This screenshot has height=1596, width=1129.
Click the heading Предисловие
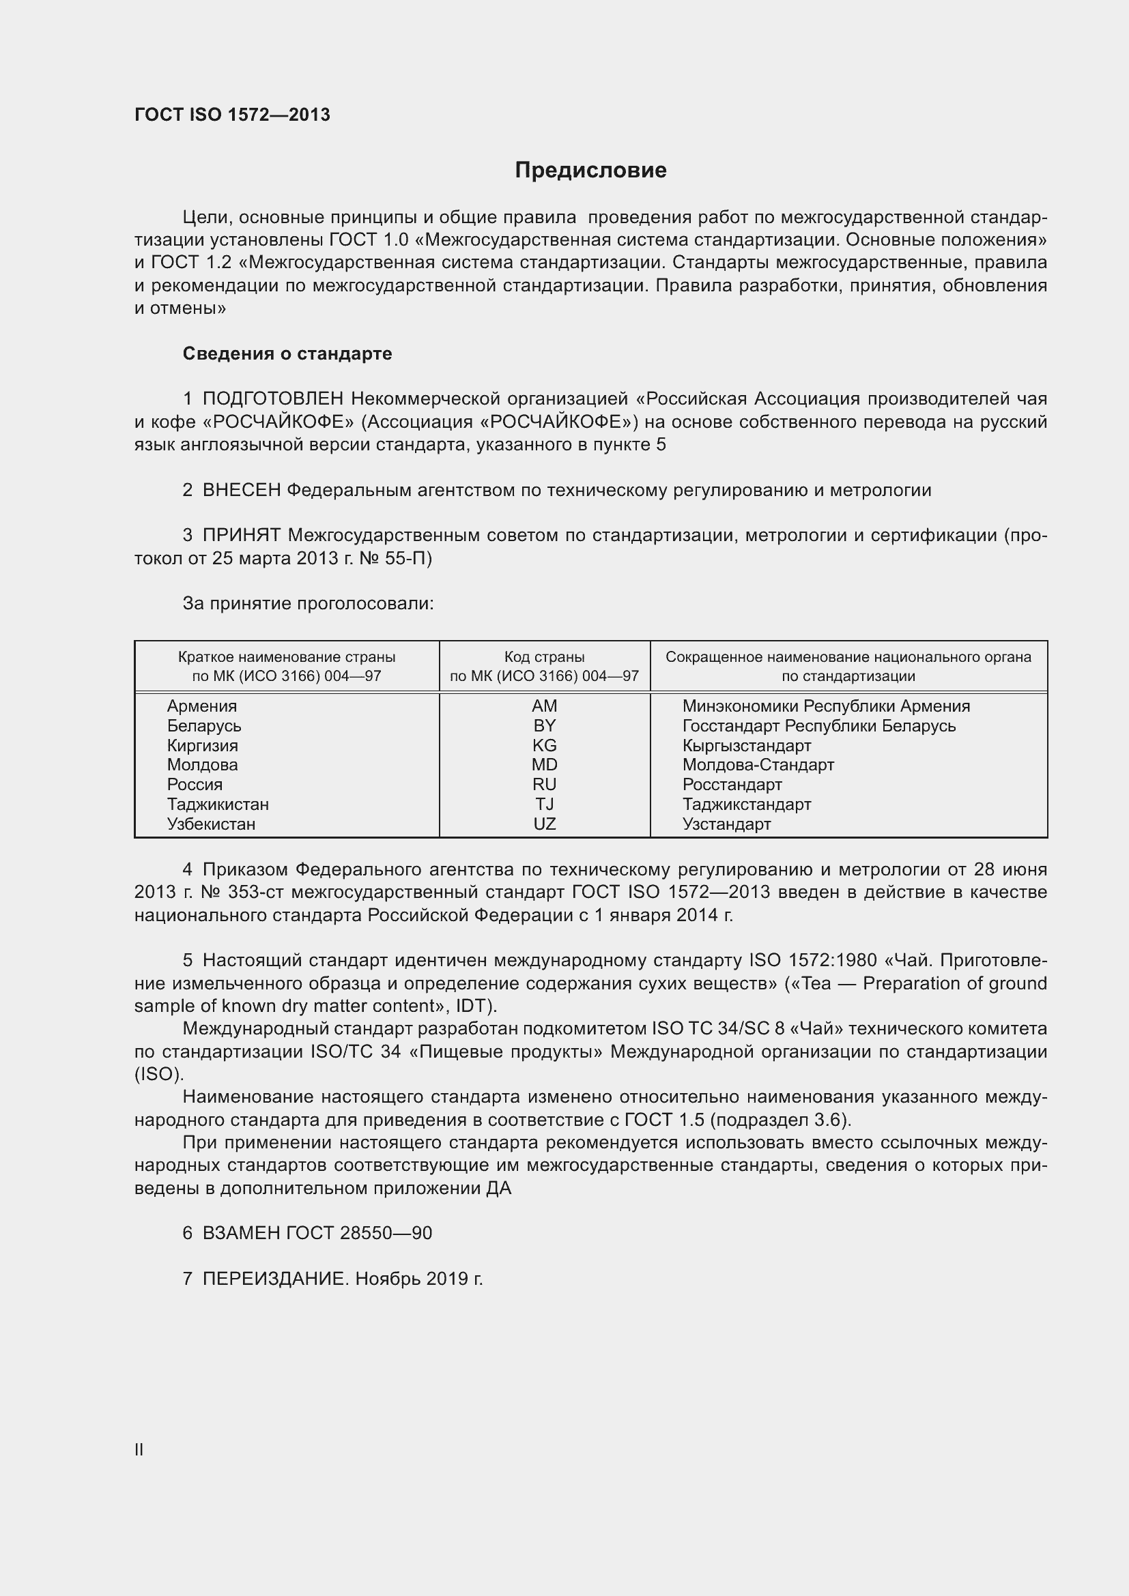tap(590, 171)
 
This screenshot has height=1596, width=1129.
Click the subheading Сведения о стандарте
tap(287, 354)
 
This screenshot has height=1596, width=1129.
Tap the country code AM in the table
tap(544, 706)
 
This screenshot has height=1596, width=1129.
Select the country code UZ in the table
tap(544, 824)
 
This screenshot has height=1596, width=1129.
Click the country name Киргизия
tap(202, 746)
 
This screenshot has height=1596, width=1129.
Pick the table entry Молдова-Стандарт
tap(758, 766)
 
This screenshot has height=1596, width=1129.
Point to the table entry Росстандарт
tap(732, 785)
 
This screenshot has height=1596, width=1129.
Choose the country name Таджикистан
tap(218, 804)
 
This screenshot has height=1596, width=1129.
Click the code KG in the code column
tap(544, 746)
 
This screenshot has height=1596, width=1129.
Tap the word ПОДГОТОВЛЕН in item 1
tap(273, 399)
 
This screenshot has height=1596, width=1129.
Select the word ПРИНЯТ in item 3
tap(241, 536)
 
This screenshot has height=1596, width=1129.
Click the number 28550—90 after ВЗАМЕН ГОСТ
tap(386, 1233)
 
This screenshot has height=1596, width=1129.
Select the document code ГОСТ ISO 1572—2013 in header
tap(232, 115)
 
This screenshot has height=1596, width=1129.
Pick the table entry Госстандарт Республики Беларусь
tap(819, 727)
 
